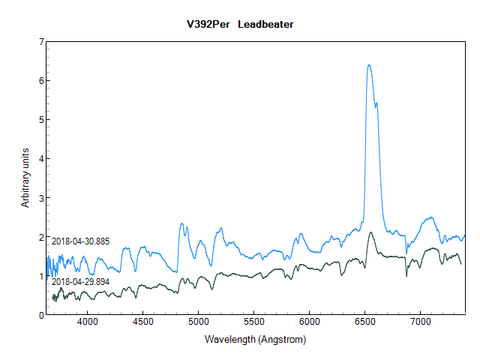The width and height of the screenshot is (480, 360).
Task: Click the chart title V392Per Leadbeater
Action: [x=240, y=24]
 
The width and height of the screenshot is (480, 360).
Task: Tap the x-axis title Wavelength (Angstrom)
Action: [x=255, y=340]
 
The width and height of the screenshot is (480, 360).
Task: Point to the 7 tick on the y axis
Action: [x=40, y=42]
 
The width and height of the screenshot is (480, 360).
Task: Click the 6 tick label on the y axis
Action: [x=40, y=81]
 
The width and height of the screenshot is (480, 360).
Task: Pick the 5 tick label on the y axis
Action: [x=40, y=120]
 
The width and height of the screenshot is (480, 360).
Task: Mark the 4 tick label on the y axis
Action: [x=40, y=159]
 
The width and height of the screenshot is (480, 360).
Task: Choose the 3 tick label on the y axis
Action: [x=40, y=198]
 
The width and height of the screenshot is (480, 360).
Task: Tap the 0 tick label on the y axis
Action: [x=40, y=315]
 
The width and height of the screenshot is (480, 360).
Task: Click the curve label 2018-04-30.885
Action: [x=80, y=241]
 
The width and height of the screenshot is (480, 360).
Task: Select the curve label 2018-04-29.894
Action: [x=80, y=281]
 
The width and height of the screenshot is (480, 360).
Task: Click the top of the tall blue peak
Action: [x=369, y=65]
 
